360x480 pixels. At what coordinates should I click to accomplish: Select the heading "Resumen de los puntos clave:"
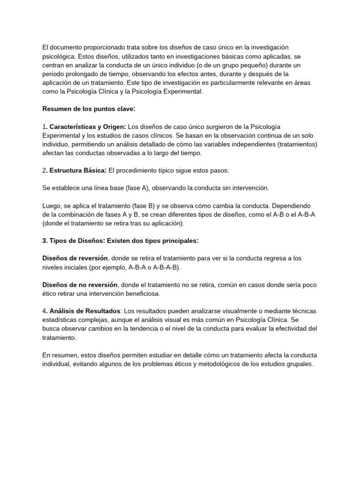[x=89, y=109]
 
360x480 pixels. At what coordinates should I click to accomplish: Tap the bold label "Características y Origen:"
[x=88, y=127]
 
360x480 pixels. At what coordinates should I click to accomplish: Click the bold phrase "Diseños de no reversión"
[x=80, y=285]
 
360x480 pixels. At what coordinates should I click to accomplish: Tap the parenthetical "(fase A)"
[x=139, y=188]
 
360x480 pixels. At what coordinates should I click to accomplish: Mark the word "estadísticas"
[x=60, y=320]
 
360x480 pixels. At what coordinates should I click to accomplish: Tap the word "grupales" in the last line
[x=298, y=364]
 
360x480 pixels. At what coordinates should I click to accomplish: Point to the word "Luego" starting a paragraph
[x=52, y=206]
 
